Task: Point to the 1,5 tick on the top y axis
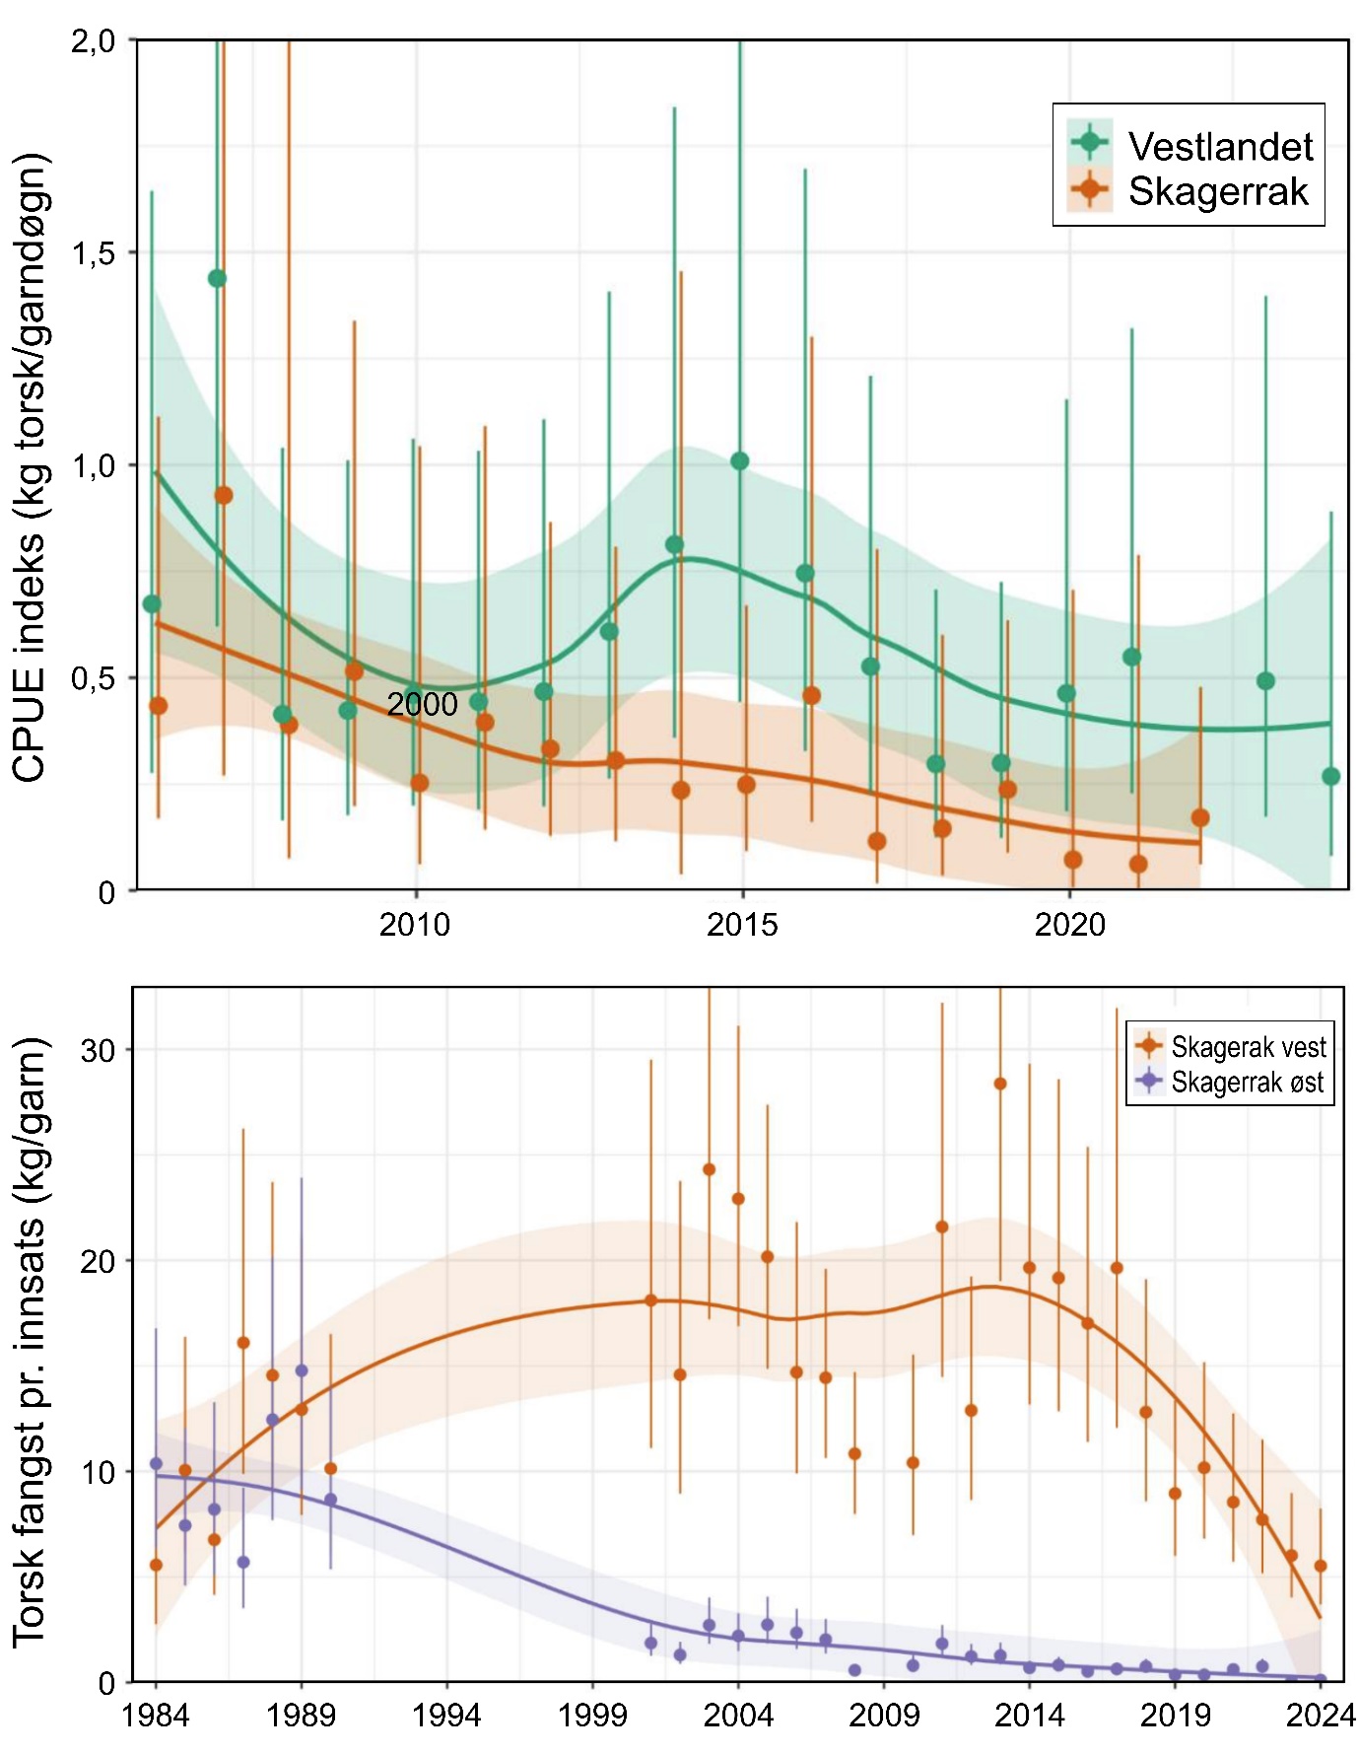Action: click(x=93, y=253)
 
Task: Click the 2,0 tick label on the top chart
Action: click(x=93, y=41)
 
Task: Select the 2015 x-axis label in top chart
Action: click(x=742, y=925)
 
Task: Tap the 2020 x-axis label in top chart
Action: click(x=1069, y=925)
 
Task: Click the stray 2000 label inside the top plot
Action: click(x=422, y=704)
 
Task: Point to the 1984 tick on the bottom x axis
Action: click(x=156, y=1716)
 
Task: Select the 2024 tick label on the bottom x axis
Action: click(x=1321, y=1716)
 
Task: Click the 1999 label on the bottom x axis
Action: click(x=592, y=1716)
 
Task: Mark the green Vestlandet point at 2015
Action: click(x=740, y=461)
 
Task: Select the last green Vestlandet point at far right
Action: click(x=1330, y=776)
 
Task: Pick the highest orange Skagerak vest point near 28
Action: click(x=999, y=1084)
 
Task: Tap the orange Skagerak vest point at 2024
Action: click(x=1321, y=1566)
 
